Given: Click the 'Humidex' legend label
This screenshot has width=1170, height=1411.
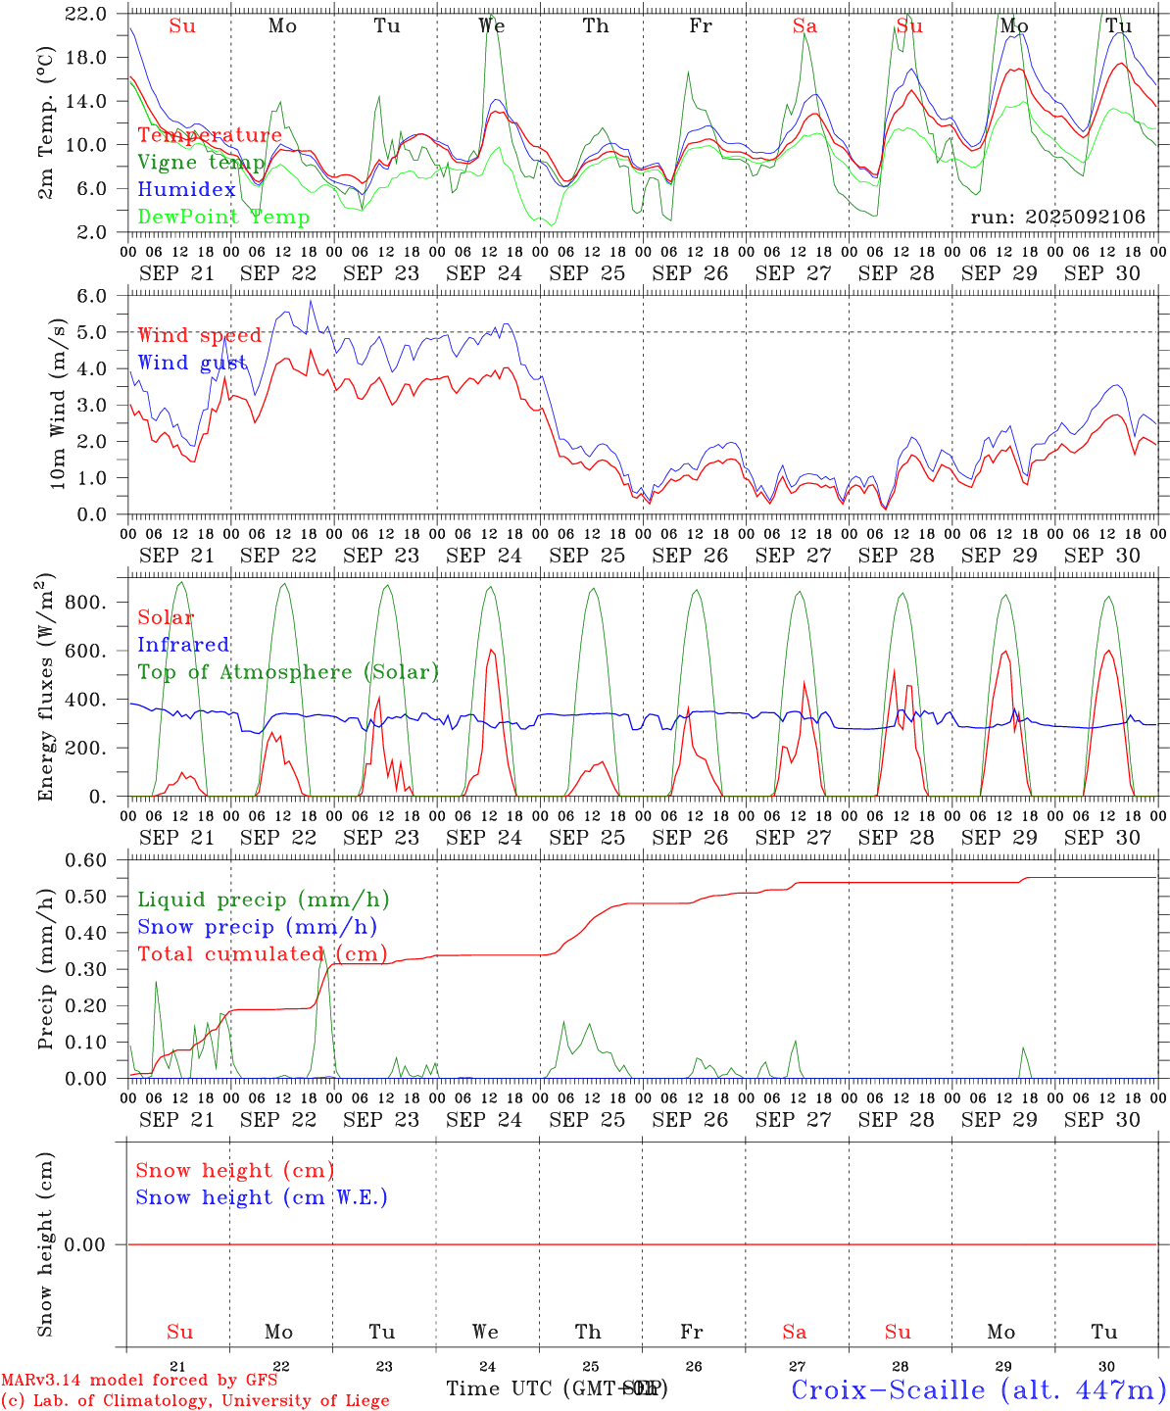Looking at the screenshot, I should [186, 190].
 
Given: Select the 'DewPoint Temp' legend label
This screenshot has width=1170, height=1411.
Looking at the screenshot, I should [223, 218].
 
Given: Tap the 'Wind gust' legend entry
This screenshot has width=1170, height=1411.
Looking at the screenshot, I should [192, 363].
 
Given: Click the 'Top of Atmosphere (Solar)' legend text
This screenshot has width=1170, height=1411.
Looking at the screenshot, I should [287, 672].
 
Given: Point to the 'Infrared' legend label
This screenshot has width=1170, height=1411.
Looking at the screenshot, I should [183, 645].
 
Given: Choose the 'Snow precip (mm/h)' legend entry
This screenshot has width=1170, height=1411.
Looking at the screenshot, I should [257, 927].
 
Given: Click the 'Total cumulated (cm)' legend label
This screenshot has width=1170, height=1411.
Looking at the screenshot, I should [262, 954].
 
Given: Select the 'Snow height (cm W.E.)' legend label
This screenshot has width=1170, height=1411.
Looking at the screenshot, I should [262, 1197].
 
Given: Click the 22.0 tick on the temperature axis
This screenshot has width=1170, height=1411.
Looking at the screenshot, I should [86, 14].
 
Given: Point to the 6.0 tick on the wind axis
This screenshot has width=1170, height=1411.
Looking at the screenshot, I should [91, 296].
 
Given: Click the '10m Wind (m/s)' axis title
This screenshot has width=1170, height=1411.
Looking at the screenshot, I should [58, 404].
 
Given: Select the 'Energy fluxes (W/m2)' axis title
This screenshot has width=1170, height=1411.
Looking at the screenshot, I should [46, 689].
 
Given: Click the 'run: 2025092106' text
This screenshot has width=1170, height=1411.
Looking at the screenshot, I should [1057, 218].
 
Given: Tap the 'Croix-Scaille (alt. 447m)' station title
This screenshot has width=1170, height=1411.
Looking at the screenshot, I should [978, 1389].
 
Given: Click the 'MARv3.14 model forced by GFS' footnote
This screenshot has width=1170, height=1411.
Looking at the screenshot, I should [139, 1381].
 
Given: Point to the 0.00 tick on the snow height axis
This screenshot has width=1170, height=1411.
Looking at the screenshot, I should [85, 1244].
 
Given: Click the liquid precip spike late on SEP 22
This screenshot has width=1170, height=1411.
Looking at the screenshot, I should [323, 955].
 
